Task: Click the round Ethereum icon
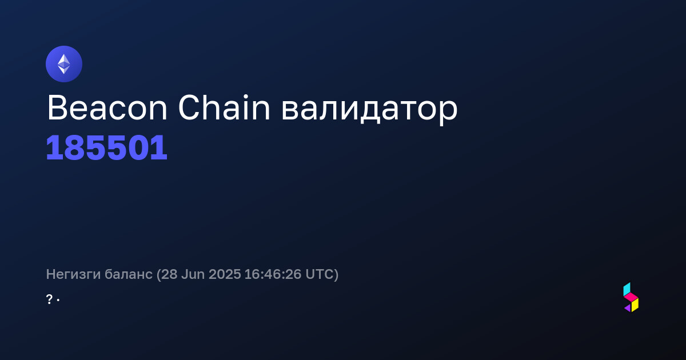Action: pyautogui.click(x=64, y=64)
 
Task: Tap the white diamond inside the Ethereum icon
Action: pyautogui.click(x=64, y=64)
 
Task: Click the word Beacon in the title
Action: pyautogui.click(x=107, y=108)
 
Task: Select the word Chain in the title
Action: pyautogui.click(x=224, y=107)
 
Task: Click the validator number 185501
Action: pyautogui.click(x=106, y=147)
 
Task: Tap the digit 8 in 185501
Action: pyautogui.click(x=76, y=147)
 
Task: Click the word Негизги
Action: pyautogui.click(x=73, y=274)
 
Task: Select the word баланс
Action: pyautogui.click(x=129, y=274)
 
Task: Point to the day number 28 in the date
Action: pyautogui.click(x=169, y=274)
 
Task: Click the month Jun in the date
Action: pyautogui.click(x=193, y=274)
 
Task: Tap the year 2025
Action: pyautogui.click(x=225, y=274)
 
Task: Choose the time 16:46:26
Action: pyautogui.click(x=273, y=274)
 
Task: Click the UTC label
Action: pyautogui.click(x=320, y=274)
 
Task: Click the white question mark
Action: pyautogui.click(x=49, y=299)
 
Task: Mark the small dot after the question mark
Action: pyautogui.click(x=58, y=301)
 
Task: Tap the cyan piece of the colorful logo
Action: pyautogui.click(x=627, y=290)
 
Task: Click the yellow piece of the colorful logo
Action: pyautogui.click(x=635, y=305)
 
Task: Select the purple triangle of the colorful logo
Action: pyautogui.click(x=628, y=308)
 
